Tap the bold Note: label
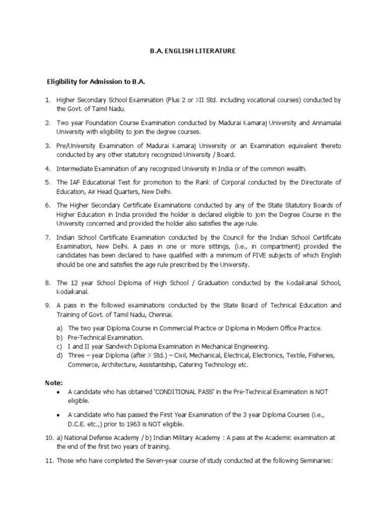coord(53,383)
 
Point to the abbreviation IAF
coord(76,182)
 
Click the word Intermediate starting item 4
coord(75,168)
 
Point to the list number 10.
coord(49,437)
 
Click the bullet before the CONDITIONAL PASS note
coord(60,392)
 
